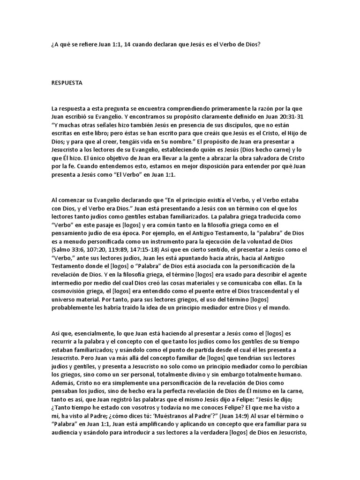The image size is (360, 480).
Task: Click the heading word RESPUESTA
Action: pyautogui.click(x=67, y=82)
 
